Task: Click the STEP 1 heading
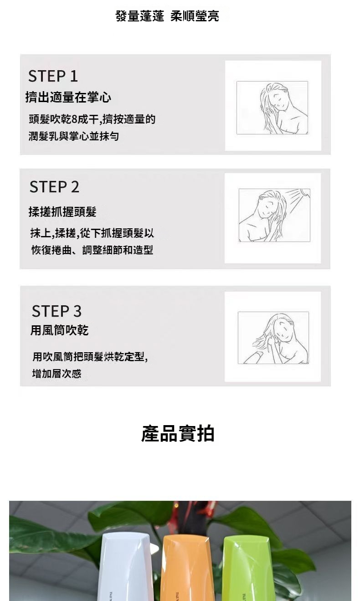[x=53, y=76]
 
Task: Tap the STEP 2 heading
[x=55, y=187]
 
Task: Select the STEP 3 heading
[x=57, y=311]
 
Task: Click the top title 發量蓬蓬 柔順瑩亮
[x=167, y=16]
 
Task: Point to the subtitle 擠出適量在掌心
[x=68, y=97]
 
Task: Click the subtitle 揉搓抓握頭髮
[x=62, y=212]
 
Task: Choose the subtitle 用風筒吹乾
[x=59, y=330]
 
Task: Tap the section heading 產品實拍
[x=178, y=433]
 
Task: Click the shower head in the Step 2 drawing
[x=305, y=192]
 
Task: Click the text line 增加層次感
[x=57, y=374]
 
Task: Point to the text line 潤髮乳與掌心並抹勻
[x=74, y=136]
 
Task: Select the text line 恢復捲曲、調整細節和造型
[x=92, y=250]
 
